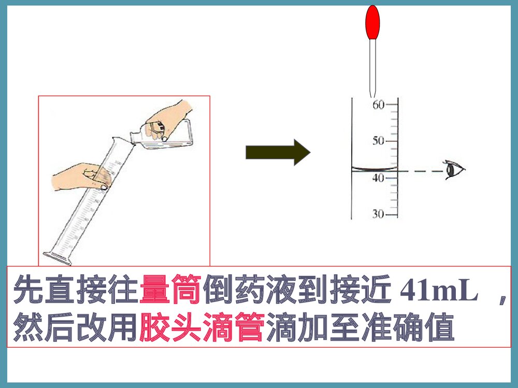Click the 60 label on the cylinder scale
pos(378,105)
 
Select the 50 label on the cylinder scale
pos(378,141)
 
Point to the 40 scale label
pos(378,178)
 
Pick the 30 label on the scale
pos(378,214)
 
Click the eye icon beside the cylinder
pos(455,170)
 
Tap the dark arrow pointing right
pos(278,152)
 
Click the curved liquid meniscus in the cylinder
pos(375,169)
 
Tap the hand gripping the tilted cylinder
pos(83,176)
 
